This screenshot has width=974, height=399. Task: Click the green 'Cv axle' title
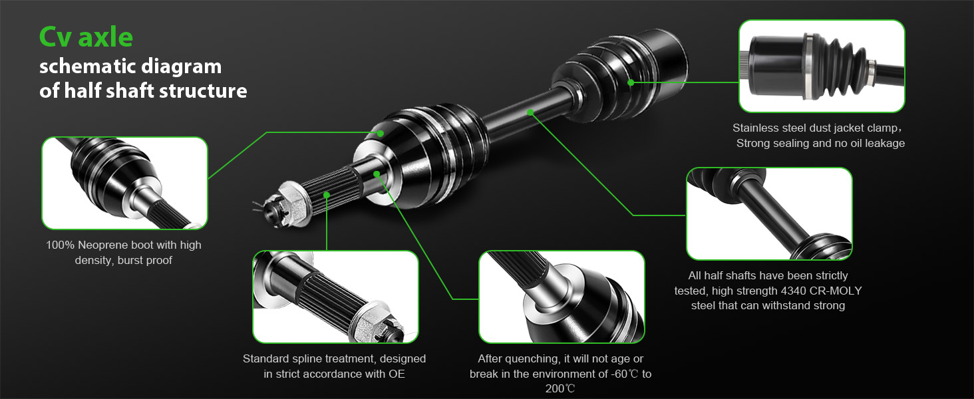(x=86, y=37)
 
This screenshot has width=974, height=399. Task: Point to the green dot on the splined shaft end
(x=327, y=194)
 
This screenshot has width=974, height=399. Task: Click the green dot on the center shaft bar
(x=530, y=112)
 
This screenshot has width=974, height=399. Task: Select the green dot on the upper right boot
(x=631, y=82)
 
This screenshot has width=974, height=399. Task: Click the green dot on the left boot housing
(x=381, y=134)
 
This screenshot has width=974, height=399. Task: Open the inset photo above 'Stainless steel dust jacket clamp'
(x=822, y=66)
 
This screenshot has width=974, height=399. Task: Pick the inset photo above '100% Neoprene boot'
(x=125, y=183)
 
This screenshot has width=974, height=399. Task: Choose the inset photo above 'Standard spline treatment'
(x=336, y=297)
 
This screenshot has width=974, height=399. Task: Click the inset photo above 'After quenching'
(x=562, y=297)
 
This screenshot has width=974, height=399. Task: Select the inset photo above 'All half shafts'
(x=769, y=214)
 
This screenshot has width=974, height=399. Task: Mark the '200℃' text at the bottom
(x=560, y=388)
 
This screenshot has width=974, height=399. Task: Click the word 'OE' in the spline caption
(x=397, y=374)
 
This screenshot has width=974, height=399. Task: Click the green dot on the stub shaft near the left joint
(x=377, y=174)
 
